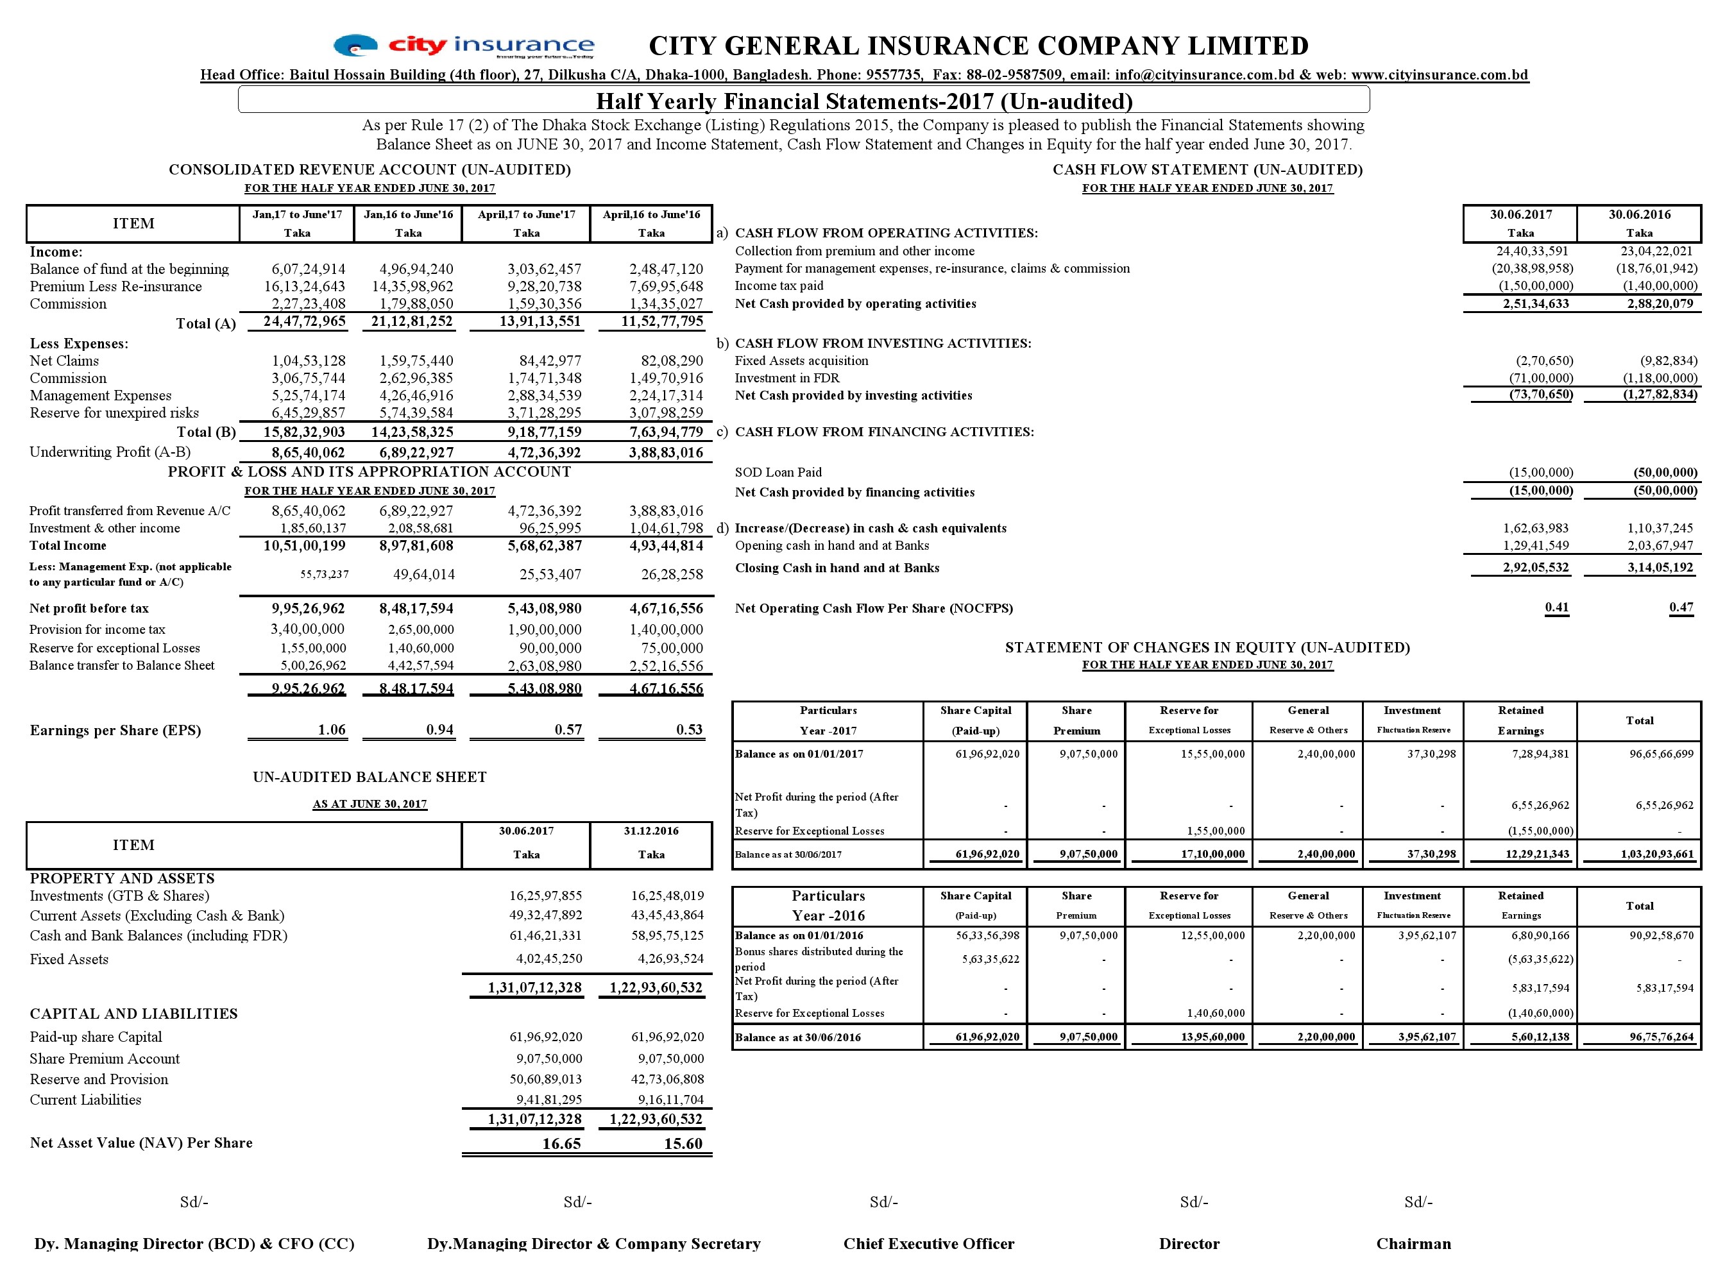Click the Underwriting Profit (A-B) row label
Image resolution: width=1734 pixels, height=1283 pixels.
(x=110, y=452)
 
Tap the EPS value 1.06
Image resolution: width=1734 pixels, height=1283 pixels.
(x=332, y=730)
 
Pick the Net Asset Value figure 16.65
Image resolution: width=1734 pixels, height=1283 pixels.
(x=561, y=1144)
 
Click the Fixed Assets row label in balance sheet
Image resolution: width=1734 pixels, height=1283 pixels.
(x=69, y=959)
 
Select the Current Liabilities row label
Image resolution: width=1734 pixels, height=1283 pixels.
(x=85, y=1100)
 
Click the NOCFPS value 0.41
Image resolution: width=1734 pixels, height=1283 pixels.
(x=1556, y=608)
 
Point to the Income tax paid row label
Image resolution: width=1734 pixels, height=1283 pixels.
(x=779, y=286)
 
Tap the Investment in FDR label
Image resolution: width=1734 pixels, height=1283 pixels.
(x=786, y=378)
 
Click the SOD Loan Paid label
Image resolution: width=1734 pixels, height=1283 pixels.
(x=778, y=472)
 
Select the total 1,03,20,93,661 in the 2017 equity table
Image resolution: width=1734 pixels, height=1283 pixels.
(x=1656, y=854)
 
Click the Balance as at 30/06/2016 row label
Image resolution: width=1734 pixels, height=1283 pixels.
(x=797, y=1037)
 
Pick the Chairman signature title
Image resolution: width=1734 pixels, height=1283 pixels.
(x=1413, y=1244)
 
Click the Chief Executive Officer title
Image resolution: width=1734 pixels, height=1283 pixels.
(x=929, y=1244)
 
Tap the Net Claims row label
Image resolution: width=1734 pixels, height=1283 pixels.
(x=64, y=361)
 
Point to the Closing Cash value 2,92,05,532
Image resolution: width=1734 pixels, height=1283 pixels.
(x=1535, y=568)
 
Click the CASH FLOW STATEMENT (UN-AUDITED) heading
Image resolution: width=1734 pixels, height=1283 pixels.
(x=1207, y=169)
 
